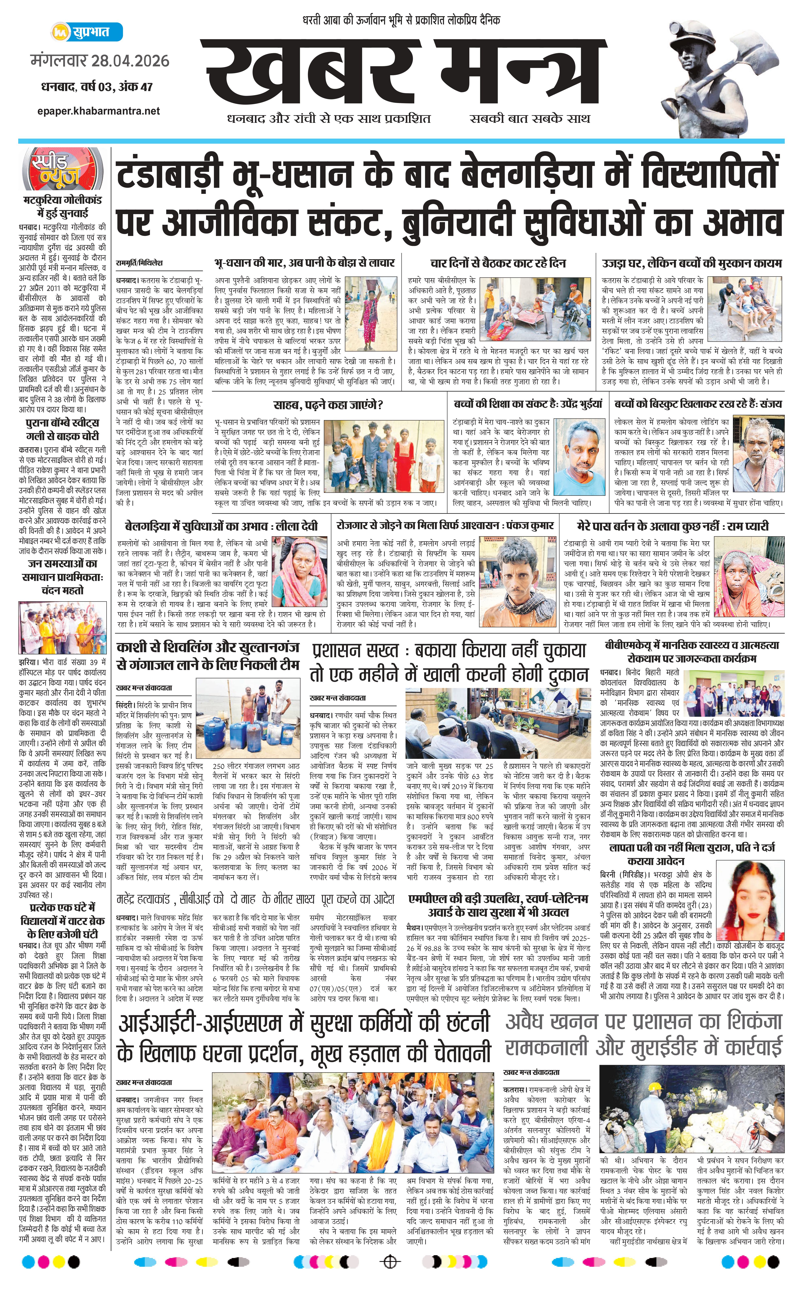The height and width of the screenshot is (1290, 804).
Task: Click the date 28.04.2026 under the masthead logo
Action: click(130, 61)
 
